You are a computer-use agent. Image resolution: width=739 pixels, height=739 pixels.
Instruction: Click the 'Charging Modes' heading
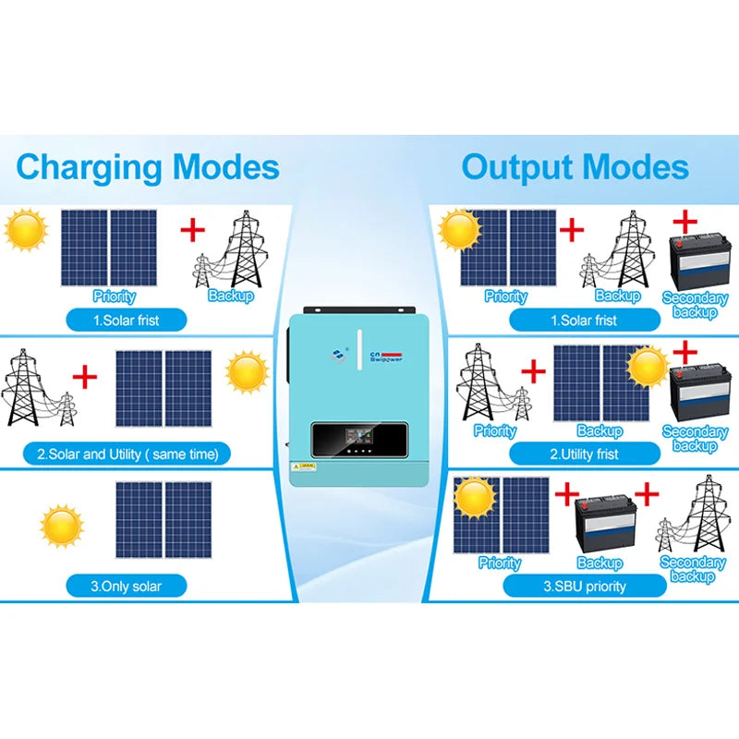(x=148, y=167)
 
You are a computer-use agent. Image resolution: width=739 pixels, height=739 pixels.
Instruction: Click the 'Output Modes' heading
(x=575, y=167)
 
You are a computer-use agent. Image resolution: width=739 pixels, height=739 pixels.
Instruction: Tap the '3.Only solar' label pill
(x=127, y=585)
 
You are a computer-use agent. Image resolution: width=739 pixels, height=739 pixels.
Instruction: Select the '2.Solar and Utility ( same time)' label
(x=127, y=454)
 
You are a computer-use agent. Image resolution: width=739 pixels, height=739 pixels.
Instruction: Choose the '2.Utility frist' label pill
(x=584, y=454)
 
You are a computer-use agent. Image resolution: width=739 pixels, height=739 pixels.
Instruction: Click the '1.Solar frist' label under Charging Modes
(x=127, y=320)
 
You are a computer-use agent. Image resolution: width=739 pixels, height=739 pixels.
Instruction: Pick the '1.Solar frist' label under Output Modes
(x=584, y=320)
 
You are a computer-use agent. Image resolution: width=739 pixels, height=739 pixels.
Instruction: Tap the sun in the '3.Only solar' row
(x=62, y=525)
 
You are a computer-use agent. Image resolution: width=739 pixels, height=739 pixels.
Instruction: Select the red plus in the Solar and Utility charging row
(x=85, y=376)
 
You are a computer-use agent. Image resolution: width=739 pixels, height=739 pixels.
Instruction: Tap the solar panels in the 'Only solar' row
(x=164, y=519)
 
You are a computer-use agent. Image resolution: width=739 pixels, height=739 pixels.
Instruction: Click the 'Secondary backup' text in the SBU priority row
(x=693, y=569)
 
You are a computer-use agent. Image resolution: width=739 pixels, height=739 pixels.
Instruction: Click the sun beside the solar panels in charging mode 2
(x=248, y=372)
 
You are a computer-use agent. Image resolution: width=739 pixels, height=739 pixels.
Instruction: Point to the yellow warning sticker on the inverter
(x=308, y=466)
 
